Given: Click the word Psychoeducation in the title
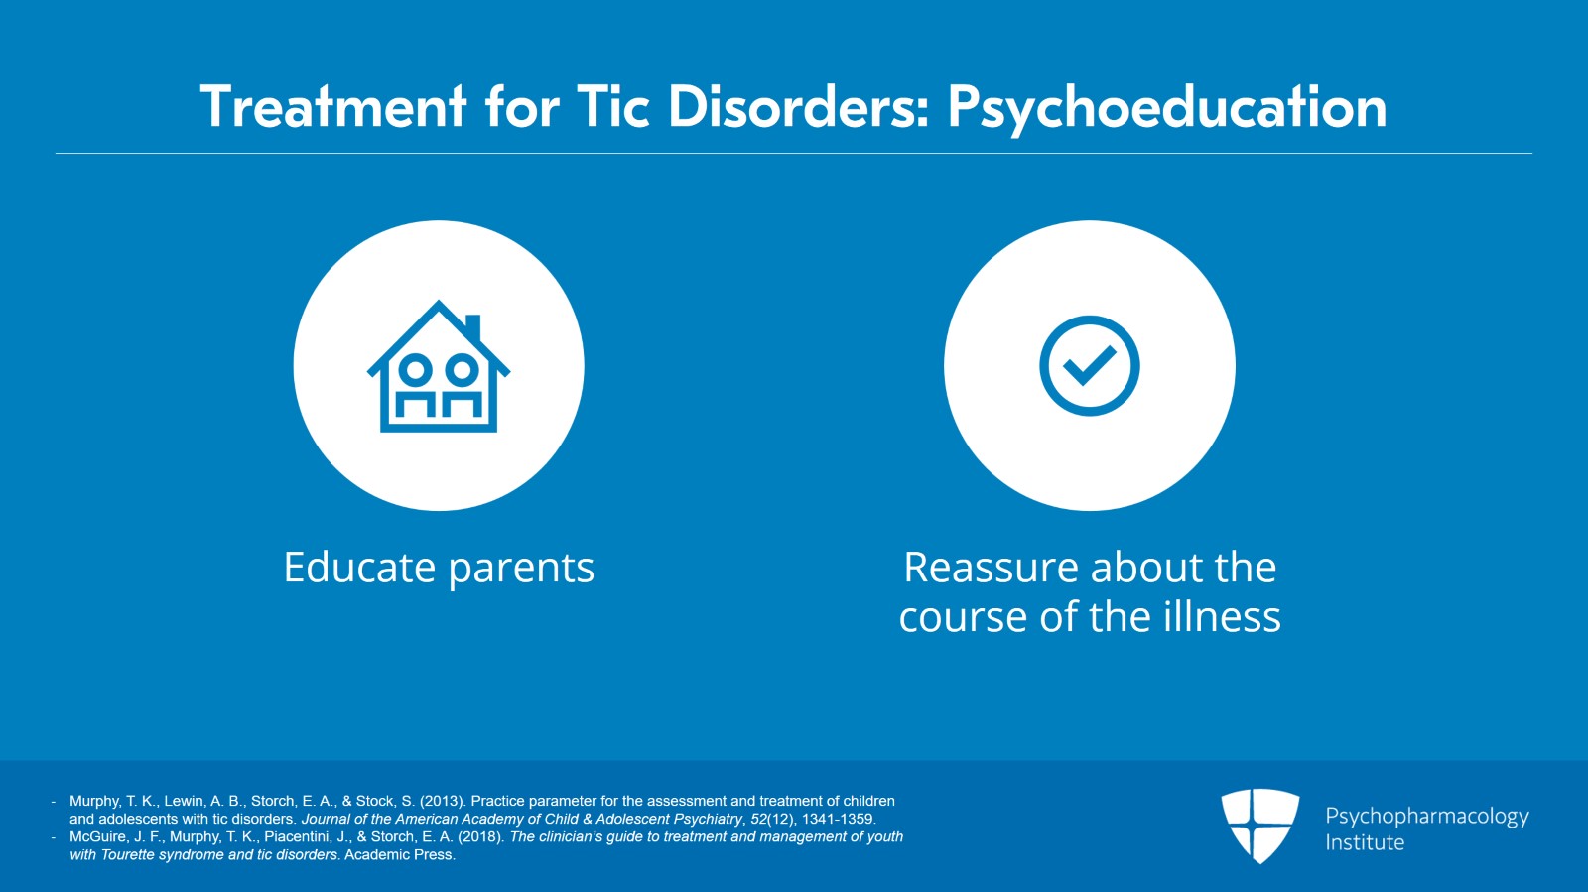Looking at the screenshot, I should click(x=1166, y=107).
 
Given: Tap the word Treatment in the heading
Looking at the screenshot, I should click(x=332, y=107).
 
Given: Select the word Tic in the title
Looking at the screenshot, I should click(x=613, y=107).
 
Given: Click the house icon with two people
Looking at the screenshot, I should click(x=438, y=367).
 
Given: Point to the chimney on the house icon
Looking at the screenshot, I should click(x=472, y=327).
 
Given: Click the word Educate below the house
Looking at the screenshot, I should click(x=359, y=568).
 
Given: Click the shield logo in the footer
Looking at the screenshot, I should click(x=1259, y=825).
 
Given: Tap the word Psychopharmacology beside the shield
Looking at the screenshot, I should click(x=1426, y=817).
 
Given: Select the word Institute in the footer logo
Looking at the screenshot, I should click(x=1364, y=843).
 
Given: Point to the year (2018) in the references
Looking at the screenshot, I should click(x=481, y=836).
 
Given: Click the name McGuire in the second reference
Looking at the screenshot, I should click(x=97, y=836).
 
